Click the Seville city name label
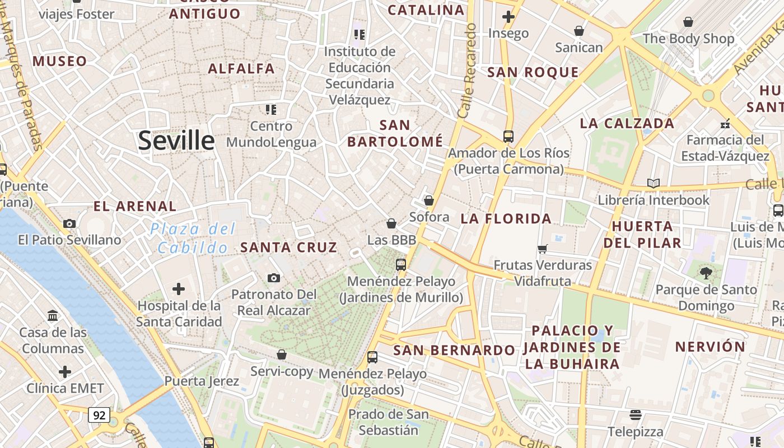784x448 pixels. click(x=176, y=140)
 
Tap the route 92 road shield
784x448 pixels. click(x=99, y=415)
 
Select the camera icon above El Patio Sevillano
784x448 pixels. click(x=69, y=224)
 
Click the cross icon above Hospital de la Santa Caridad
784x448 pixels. click(x=179, y=289)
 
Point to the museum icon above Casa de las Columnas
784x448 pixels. click(x=53, y=316)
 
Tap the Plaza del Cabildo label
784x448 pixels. click(x=193, y=238)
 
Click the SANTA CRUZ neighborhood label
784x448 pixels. click(x=288, y=247)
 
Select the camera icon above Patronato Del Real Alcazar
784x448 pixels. click(x=274, y=278)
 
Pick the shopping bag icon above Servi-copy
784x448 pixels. click(x=282, y=354)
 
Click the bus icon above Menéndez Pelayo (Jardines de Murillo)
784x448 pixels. click(x=401, y=265)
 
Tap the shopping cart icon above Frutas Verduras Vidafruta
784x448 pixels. click(x=542, y=249)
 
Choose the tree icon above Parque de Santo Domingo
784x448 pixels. click(x=706, y=273)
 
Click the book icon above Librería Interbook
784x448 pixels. click(x=653, y=183)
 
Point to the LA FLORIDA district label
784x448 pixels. click(x=506, y=218)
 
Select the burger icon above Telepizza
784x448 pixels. click(x=635, y=415)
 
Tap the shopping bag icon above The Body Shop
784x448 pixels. click(x=688, y=22)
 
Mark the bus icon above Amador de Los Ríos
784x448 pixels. click(x=508, y=136)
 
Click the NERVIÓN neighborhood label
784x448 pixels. click(x=710, y=347)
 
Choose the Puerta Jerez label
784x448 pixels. click(x=202, y=381)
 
